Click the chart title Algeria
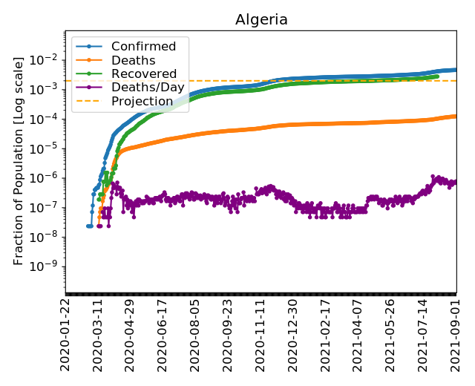(261, 19)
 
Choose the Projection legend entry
(142, 101)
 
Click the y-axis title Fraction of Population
(19, 160)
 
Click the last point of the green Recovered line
(437, 76)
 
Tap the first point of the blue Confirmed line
(88, 226)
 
